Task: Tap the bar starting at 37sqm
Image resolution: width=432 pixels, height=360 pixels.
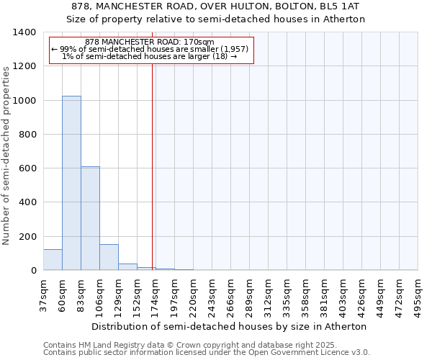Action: click(53, 259)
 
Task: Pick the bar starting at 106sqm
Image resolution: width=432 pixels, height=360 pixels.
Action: click(109, 257)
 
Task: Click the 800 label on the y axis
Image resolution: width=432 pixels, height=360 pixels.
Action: click(27, 135)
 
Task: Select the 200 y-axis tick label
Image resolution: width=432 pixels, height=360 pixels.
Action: click(27, 237)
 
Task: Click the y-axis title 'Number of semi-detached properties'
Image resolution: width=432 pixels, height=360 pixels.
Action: click(7, 151)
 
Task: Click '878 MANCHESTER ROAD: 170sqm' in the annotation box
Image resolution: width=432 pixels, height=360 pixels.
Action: click(150, 42)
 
